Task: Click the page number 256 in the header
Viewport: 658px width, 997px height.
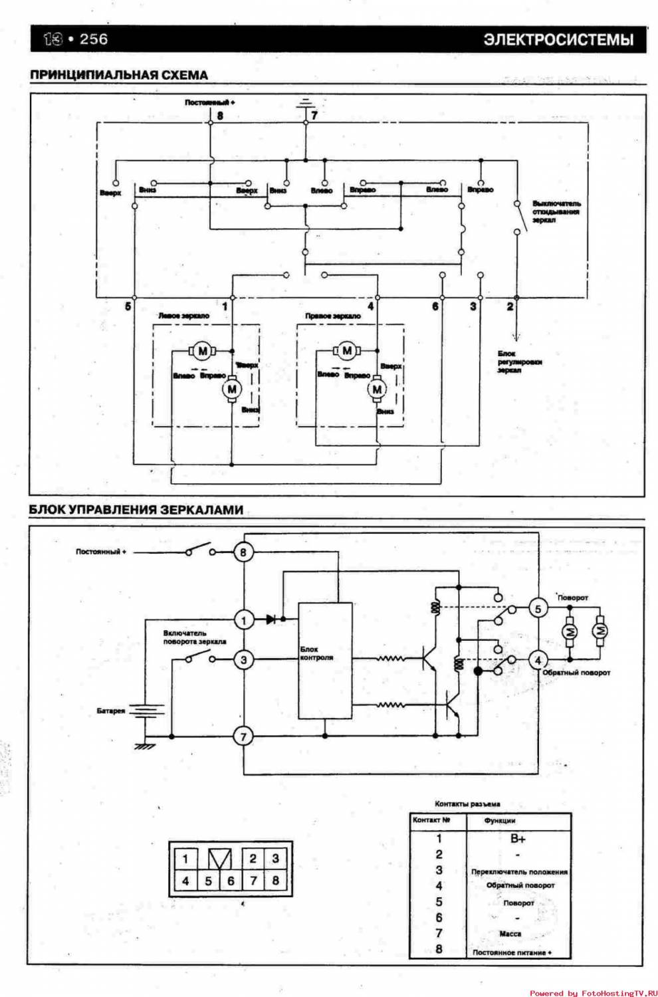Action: [93, 39]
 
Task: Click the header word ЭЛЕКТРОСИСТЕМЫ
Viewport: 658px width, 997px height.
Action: [558, 40]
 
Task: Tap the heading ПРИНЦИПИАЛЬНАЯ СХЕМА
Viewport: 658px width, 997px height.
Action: [119, 75]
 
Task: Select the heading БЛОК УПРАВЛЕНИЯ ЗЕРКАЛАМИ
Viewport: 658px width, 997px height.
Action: [136, 510]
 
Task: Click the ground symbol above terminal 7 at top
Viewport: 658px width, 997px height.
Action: [306, 104]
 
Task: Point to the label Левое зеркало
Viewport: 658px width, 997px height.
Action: [183, 316]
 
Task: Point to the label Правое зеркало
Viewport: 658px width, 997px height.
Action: [332, 316]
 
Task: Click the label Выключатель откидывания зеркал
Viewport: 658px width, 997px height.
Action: [556, 211]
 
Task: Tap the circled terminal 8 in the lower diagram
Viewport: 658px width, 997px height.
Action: [243, 552]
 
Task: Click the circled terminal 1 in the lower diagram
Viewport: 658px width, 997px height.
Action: [243, 620]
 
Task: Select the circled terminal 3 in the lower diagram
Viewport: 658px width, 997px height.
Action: [243, 659]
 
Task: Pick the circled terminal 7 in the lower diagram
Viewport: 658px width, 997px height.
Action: [243, 736]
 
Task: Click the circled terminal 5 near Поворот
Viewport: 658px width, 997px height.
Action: [538, 608]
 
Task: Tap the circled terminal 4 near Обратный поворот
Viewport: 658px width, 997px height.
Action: [538, 660]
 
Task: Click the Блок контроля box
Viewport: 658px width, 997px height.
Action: [325, 661]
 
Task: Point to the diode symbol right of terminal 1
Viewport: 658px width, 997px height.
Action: [271, 619]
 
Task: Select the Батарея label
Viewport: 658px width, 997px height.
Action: [111, 711]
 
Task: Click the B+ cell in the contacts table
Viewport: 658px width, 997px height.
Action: [518, 839]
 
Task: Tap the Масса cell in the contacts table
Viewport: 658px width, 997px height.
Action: [510, 934]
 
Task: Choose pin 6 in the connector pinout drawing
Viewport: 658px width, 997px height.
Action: [231, 881]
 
